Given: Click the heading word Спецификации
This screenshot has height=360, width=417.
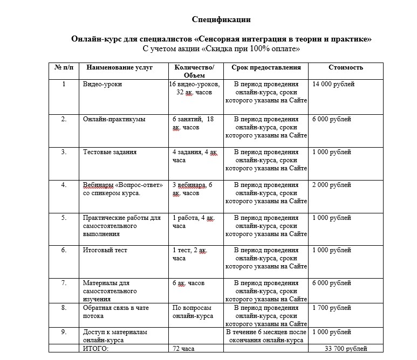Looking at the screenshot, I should (x=221, y=20).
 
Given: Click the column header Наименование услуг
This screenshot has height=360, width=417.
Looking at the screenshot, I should (x=119, y=67).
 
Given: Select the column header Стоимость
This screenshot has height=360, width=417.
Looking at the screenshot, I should (x=346, y=67).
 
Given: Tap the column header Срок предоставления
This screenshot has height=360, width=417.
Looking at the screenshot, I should (x=266, y=67).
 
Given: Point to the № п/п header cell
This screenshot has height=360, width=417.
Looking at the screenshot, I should (x=64, y=67).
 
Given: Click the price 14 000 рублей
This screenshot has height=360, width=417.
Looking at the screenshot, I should (x=333, y=85).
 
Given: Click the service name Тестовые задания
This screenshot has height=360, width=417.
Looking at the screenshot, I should (x=110, y=153).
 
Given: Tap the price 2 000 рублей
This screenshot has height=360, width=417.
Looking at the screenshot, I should (x=332, y=185).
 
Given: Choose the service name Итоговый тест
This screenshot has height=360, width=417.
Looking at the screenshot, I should (x=106, y=251).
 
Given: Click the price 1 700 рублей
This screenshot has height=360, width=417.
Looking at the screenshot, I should (x=332, y=308).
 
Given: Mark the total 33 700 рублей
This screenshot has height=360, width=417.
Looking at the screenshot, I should (x=346, y=349).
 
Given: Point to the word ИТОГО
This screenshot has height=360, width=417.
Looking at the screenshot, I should (x=95, y=349).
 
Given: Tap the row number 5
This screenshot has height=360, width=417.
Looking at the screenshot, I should (x=64, y=218).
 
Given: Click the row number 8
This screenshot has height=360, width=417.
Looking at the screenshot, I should (x=64, y=308).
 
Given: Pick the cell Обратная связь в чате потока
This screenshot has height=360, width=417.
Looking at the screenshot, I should (x=115, y=312).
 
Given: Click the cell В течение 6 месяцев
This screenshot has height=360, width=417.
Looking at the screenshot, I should (x=266, y=336).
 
